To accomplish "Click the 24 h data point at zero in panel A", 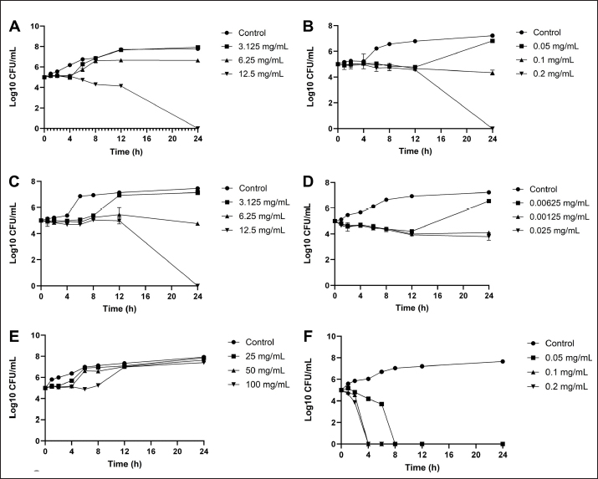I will point(197,128).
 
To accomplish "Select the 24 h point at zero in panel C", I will point(197,285).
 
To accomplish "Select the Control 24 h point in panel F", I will point(501,362).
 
